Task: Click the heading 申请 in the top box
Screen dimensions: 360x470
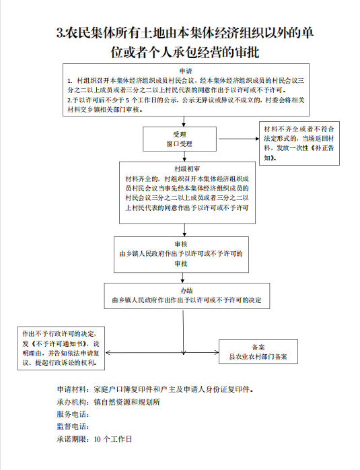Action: [x=186, y=71]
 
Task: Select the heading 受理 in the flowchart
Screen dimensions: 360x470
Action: [x=180, y=135]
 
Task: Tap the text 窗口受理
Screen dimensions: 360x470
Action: [x=180, y=144]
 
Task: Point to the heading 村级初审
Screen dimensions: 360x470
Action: [x=187, y=169]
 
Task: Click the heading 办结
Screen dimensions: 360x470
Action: [x=186, y=290]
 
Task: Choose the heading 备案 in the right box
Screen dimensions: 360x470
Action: [x=258, y=347]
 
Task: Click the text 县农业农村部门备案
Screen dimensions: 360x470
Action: [x=258, y=357]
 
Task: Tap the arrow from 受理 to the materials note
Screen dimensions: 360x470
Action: [x=239, y=139]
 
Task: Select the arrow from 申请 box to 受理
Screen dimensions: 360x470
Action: [x=184, y=121]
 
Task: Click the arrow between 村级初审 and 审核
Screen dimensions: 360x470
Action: [x=184, y=230]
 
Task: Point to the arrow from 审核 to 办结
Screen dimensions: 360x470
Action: [x=182, y=278]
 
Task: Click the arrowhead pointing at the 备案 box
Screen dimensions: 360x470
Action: [x=217, y=353]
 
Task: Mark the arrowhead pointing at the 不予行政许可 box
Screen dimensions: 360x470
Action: [x=108, y=353]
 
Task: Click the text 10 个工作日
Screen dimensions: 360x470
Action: [x=113, y=439]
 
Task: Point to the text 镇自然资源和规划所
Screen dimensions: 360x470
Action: [x=127, y=402]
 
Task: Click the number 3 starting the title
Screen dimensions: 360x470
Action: [x=60, y=33]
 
